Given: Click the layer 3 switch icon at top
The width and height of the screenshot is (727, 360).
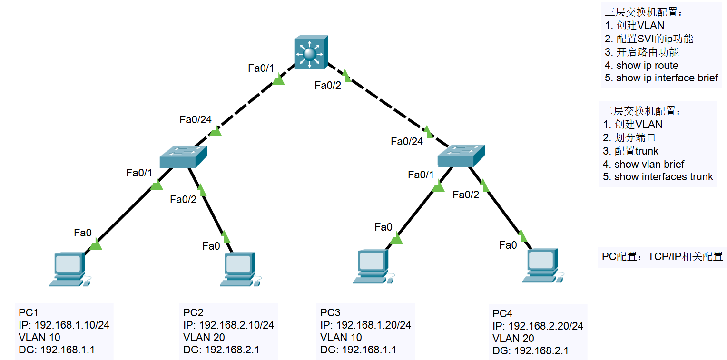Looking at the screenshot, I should click(x=311, y=52).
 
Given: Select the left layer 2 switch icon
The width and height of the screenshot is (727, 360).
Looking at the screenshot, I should click(x=184, y=156).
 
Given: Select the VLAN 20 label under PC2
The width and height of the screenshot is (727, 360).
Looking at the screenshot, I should click(x=204, y=338).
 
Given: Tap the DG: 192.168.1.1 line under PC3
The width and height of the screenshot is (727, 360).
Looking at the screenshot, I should click(x=358, y=350).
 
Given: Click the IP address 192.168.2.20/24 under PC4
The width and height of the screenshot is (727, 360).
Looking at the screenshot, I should click(x=538, y=326).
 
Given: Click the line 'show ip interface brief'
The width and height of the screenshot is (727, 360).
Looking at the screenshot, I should click(x=661, y=78).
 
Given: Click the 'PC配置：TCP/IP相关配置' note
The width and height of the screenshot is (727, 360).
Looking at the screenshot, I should click(x=662, y=257).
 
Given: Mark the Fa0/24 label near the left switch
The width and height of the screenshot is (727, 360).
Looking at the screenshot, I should click(x=195, y=120).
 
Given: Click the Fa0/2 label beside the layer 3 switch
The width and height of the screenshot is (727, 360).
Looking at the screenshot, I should click(x=327, y=86).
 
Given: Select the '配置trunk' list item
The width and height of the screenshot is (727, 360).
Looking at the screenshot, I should click(x=631, y=151).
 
